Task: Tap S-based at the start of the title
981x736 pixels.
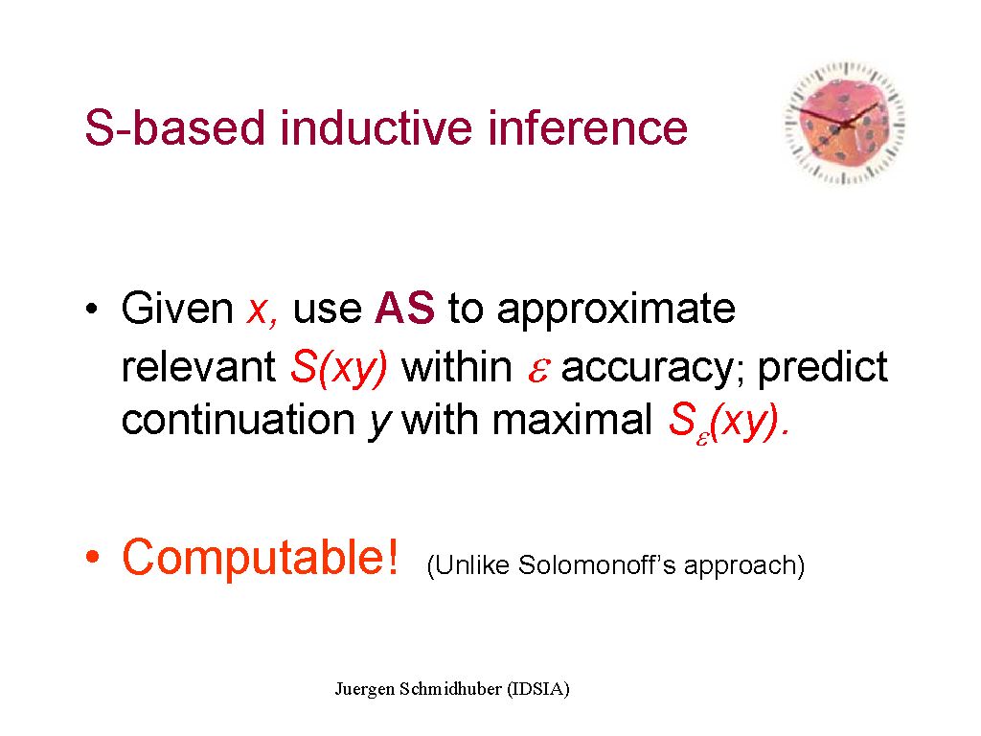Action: pos(174,127)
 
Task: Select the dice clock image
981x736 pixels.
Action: pos(845,123)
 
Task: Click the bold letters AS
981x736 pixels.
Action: pos(404,308)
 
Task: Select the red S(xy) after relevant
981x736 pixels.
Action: pos(339,367)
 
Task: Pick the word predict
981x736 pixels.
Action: pos(822,367)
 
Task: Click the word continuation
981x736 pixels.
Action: pos(238,420)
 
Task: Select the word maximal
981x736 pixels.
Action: pos(572,419)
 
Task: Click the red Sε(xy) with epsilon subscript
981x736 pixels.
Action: pos(729,422)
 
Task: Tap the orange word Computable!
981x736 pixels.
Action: pos(260,557)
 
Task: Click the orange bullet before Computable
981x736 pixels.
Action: pos(93,556)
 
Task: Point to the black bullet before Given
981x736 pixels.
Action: pos(92,309)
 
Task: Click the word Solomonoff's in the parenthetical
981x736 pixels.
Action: pos(597,564)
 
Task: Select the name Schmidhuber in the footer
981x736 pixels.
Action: pos(450,688)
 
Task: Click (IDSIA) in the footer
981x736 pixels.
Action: pos(538,689)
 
